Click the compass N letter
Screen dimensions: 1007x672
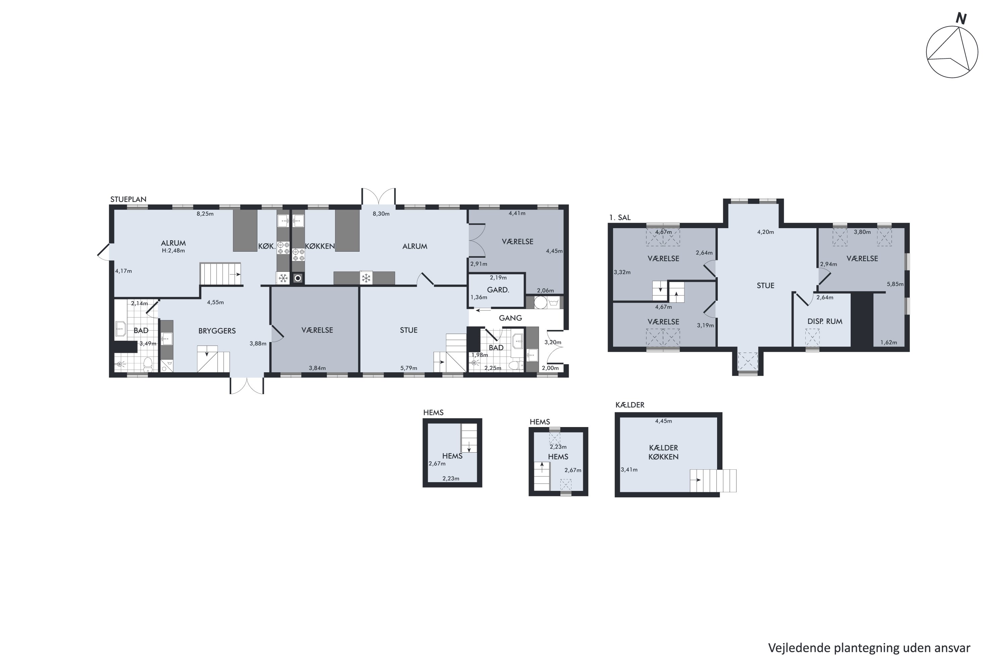click(961, 19)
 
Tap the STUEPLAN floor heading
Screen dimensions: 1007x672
click(129, 199)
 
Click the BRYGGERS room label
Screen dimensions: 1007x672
click(217, 331)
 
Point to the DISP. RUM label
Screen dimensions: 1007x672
click(825, 322)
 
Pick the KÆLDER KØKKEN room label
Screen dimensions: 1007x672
click(663, 453)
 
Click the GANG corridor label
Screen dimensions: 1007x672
click(510, 318)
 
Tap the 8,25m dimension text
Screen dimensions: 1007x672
click(205, 214)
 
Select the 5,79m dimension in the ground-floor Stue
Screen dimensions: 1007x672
click(409, 368)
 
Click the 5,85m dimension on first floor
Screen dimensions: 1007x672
click(895, 284)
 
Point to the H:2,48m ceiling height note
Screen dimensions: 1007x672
click(174, 251)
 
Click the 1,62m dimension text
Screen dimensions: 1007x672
click(889, 342)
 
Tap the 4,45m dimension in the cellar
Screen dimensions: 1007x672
click(663, 421)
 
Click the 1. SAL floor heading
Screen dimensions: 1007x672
click(620, 217)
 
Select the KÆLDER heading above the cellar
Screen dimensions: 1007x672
click(630, 405)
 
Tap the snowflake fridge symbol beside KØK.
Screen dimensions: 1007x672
click(283, 279)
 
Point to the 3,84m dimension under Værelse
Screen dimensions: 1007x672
click(317, 368)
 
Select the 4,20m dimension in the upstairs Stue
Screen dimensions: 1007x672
click(766, 232)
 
